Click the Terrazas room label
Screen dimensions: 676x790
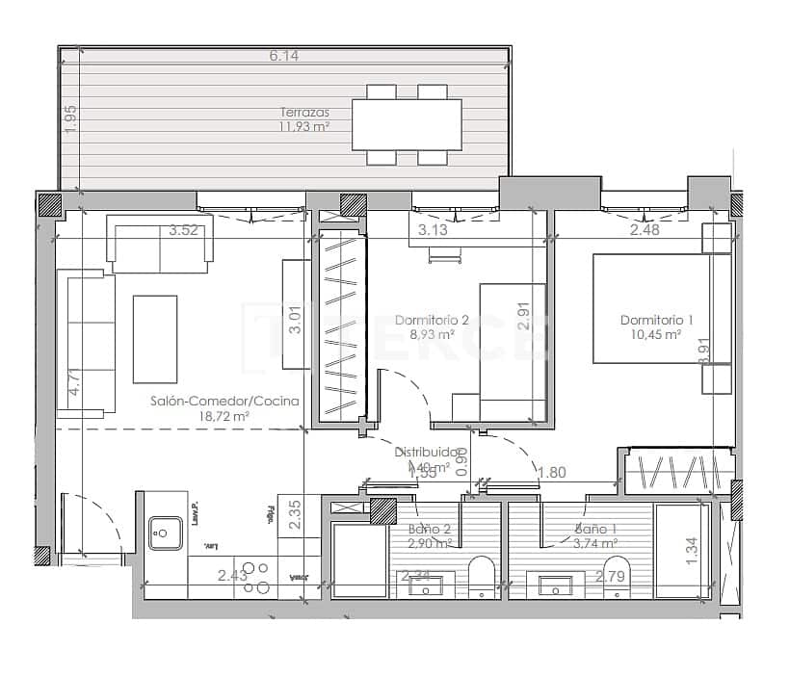(304, 112)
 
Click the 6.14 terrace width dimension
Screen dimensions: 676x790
(283, 57)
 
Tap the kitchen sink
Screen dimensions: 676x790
(166, 531)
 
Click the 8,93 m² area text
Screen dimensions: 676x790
(432, 335)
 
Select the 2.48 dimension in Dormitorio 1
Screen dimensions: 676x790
(645, 230)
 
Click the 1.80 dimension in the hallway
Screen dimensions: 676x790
(552, 473)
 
